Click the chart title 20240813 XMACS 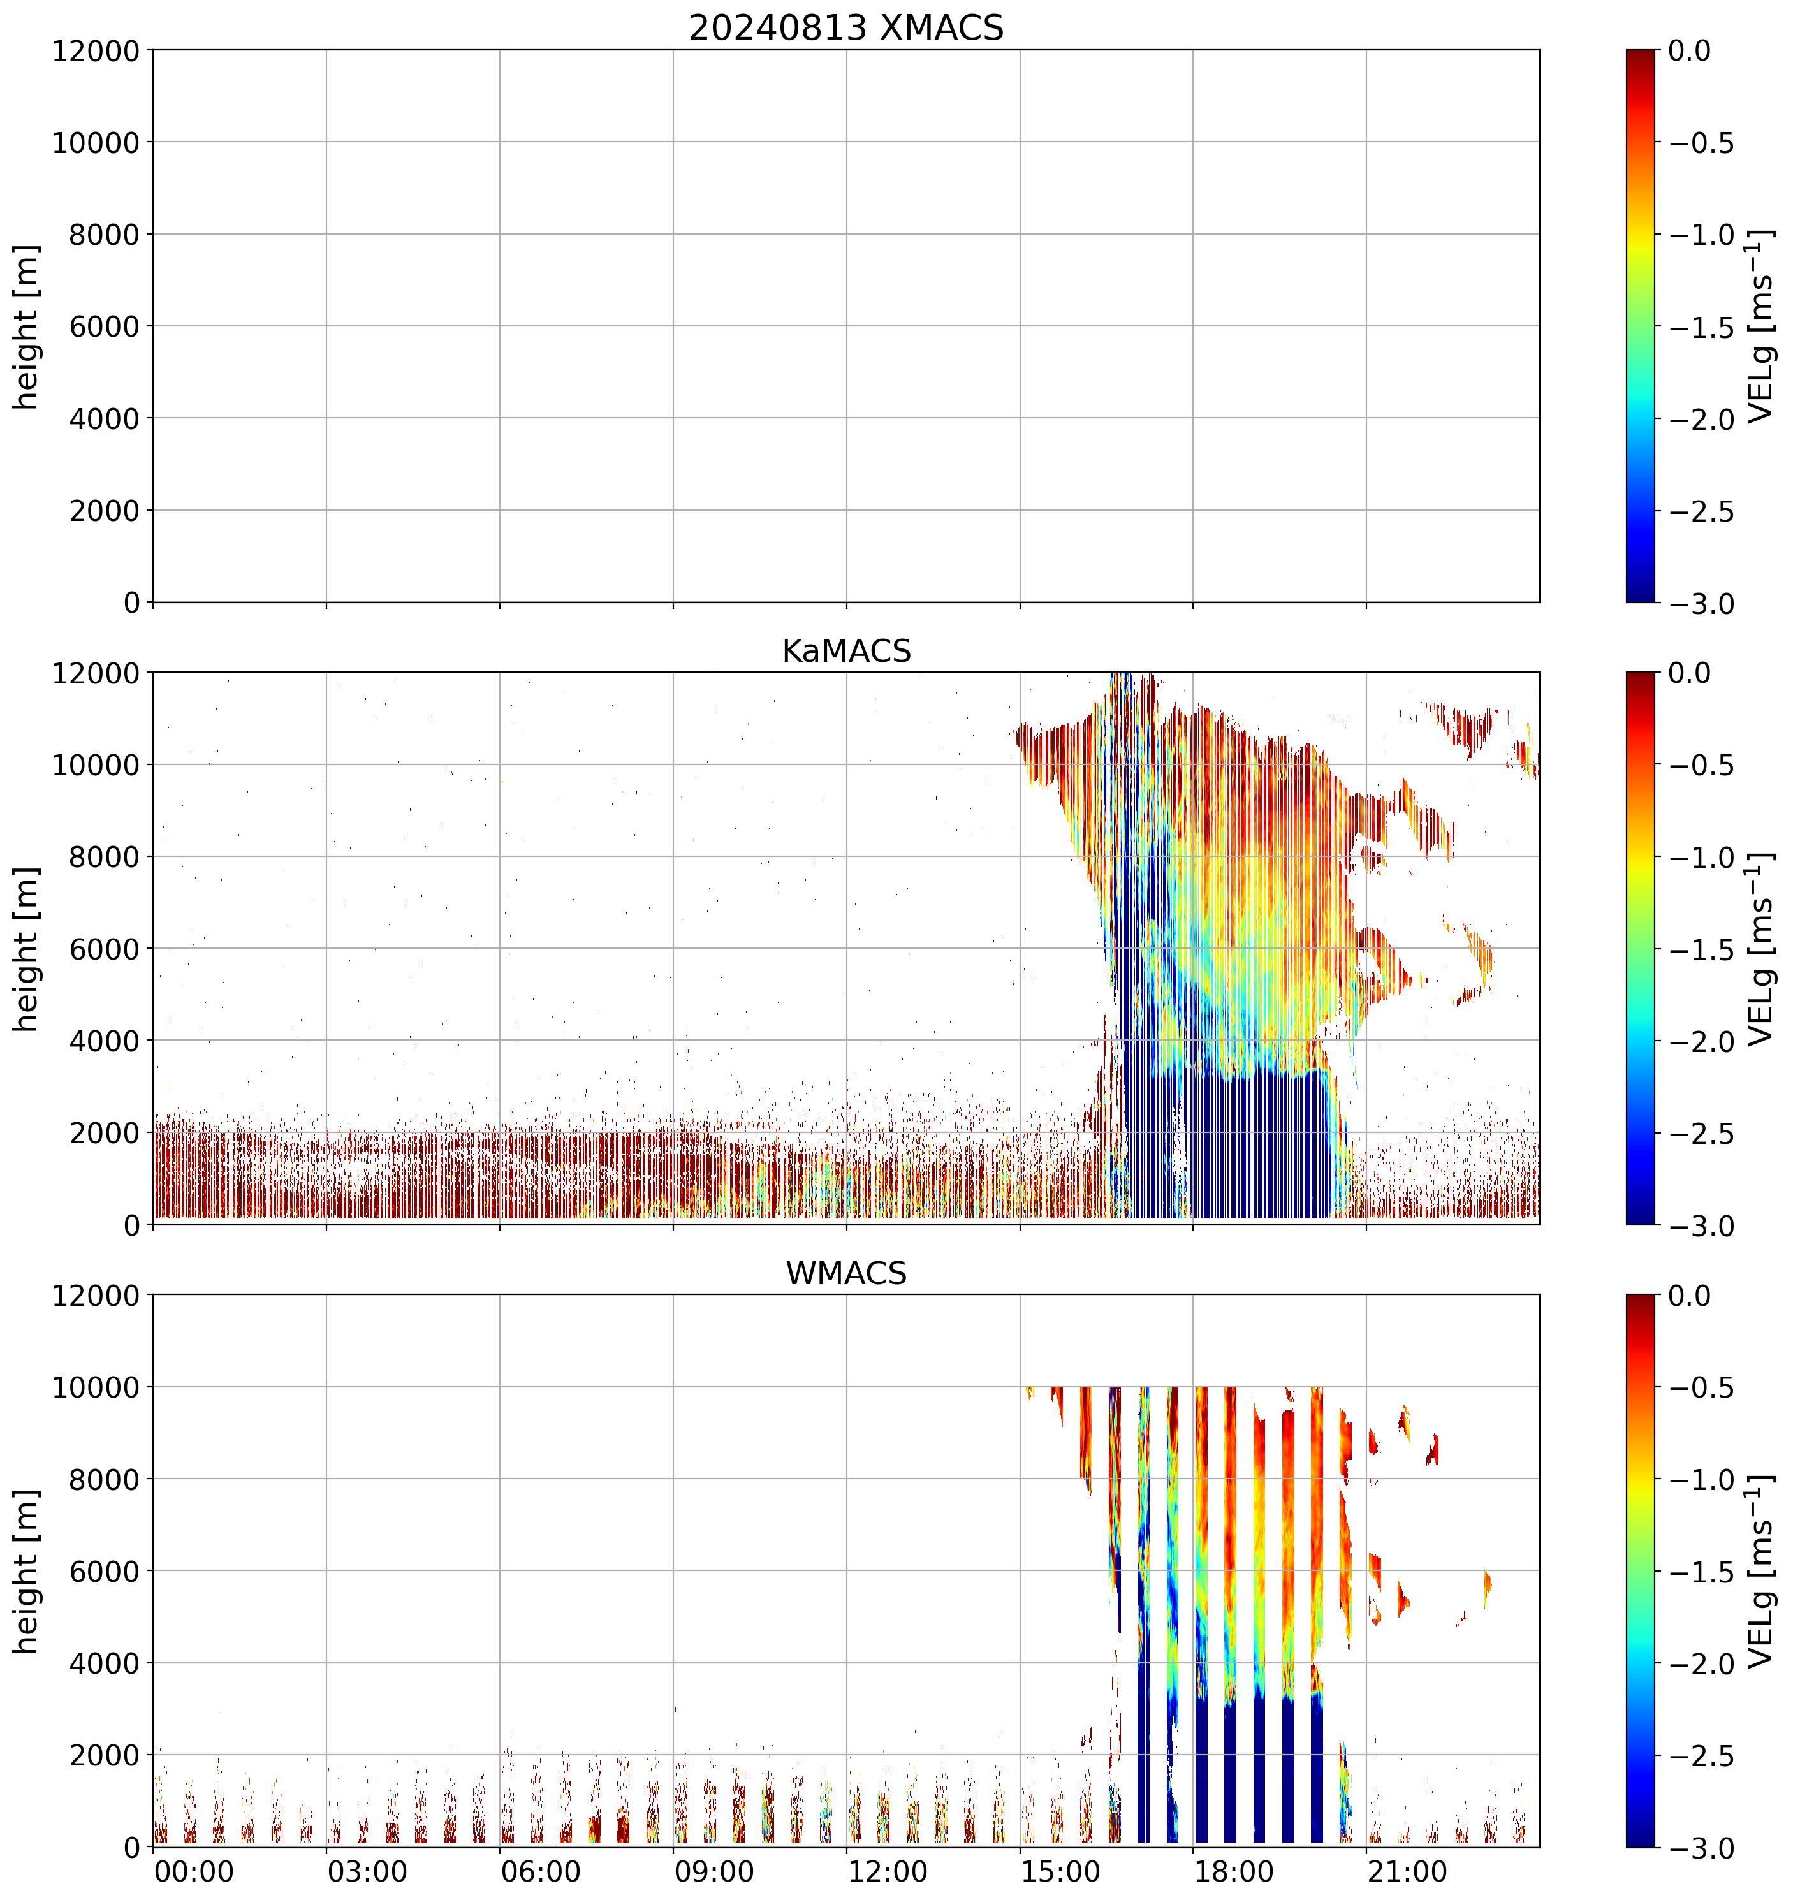tap(846, 27)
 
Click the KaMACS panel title tap(846, 651)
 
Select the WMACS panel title tap(846, 1274)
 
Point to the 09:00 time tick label tap(714, 1871)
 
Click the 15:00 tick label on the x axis tap(1061, 1871)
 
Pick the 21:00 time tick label tap(1407, 1871)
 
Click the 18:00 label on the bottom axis tap(1234, 1871)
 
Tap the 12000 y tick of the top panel tap(96, 50)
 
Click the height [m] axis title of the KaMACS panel tap(27, 949)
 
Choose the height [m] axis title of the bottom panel tap(27, 1571)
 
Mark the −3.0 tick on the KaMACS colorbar tap(1701, 1226)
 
